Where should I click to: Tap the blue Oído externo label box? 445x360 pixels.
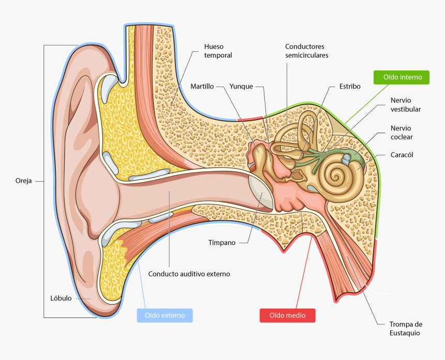click(x=165, y=315)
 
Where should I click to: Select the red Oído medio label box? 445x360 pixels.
click(x=287, y=315)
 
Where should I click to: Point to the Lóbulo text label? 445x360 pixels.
click(x=61, y=298)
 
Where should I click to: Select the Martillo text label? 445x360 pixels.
click(x=202, y=87)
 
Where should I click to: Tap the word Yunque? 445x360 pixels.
click(x=241, y=87)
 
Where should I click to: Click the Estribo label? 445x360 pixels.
click(x=350, y=87)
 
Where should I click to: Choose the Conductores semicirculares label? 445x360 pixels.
click(x=307, y=51)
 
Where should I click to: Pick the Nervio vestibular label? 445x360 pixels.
click(x=406, y=105)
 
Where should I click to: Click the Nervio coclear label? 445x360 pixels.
click(x=402, y=133)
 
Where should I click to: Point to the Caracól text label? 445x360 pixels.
click(x=402, y=154)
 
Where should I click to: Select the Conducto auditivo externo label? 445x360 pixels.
click(x=189, y=274)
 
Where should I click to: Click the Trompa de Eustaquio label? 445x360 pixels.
click(x=406, y=328)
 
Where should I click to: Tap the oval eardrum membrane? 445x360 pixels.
click(x=261, y=192)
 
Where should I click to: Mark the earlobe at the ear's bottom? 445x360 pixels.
click(x=93, y=295)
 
